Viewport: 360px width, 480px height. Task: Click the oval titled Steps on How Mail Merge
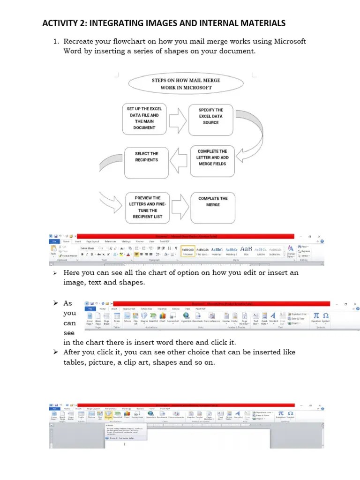(x=186, y=83)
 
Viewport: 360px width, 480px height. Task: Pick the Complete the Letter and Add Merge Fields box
(x=212, y=161)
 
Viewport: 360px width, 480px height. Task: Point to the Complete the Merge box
(x=212, y=205)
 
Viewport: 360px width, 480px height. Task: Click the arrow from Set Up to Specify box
(x=178, y=121)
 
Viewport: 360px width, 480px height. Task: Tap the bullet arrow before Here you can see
(x=55, y=273)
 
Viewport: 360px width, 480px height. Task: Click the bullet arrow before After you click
(x=55, y=352)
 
